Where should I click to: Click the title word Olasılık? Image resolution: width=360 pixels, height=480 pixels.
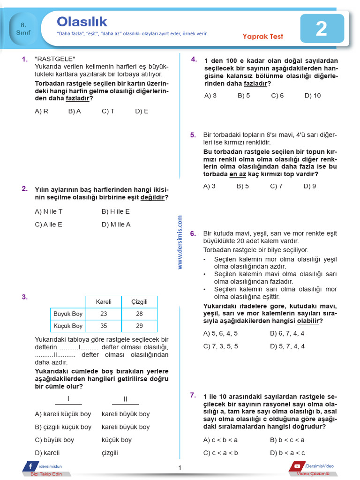tap(82, 22)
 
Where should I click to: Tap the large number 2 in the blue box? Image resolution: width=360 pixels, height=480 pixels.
tap(321, 29)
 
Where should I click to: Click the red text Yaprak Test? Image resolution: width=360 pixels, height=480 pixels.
tap(262, 37)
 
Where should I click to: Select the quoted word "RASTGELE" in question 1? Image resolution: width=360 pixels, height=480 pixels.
tap(55, 59)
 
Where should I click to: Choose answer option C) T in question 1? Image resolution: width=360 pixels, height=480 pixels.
tap(108, 111)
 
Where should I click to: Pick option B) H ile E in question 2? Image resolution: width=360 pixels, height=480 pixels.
tap(116, 211)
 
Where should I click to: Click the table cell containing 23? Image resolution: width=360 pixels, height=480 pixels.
tap(104, 314)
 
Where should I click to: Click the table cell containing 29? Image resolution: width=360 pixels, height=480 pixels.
tap(139, 326)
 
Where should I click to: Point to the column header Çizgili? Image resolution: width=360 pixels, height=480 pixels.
tap(139, 301)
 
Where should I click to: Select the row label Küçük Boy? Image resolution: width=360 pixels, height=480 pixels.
tap(68, 326)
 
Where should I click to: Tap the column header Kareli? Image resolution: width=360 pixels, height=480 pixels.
tap(104, 301)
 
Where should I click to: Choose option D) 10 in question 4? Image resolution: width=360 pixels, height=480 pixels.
tap(313, 96)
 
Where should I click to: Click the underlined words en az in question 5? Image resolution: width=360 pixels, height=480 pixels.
tap(238, 174)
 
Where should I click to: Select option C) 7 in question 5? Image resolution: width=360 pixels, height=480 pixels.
tap(276, 186)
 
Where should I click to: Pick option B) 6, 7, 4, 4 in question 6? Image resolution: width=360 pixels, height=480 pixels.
tap(287, 333)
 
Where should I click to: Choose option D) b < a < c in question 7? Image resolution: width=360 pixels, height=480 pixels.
tap(287, 453)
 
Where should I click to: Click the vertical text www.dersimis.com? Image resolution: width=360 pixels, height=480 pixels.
tap(180, 242)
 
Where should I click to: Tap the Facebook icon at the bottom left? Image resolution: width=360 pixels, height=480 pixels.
tap(30, 466)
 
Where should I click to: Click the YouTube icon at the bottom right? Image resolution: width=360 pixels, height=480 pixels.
tap(297, 466)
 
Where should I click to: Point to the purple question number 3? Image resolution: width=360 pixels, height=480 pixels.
tap(25, 297)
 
